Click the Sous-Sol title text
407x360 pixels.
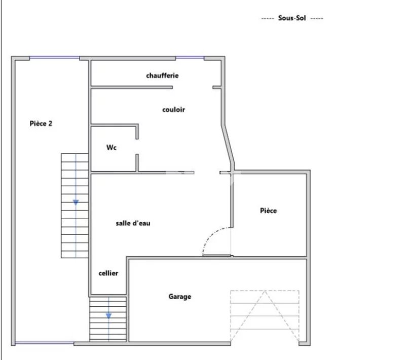(x=292, y=18)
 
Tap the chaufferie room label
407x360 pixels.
(x=162, y=75)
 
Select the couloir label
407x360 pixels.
(x=174, y=110)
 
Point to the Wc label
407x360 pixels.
(x=112, y=147)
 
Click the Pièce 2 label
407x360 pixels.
(x=41, y=124)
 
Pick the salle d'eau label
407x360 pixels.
(x=133, y=223)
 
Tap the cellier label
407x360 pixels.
(x=108, y=273)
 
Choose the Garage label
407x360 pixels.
(x=180, y=296)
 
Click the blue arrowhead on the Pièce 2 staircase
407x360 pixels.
(x=76, y=203)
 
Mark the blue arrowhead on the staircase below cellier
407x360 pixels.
(x=108, y=315)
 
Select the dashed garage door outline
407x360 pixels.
(x=265, y=315)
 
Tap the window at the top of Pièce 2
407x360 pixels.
(x=55, y=58)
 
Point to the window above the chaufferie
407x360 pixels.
(x=190, y=58)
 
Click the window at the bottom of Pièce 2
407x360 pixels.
(x=45, y=343)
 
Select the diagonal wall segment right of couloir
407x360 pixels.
(x=228, y=144)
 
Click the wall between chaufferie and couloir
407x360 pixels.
(x=132, y=88)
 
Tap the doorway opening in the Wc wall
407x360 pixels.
(x=137, y=146)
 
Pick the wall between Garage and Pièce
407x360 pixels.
(x=270, y=258)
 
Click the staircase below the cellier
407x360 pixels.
(x=108, y=319)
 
